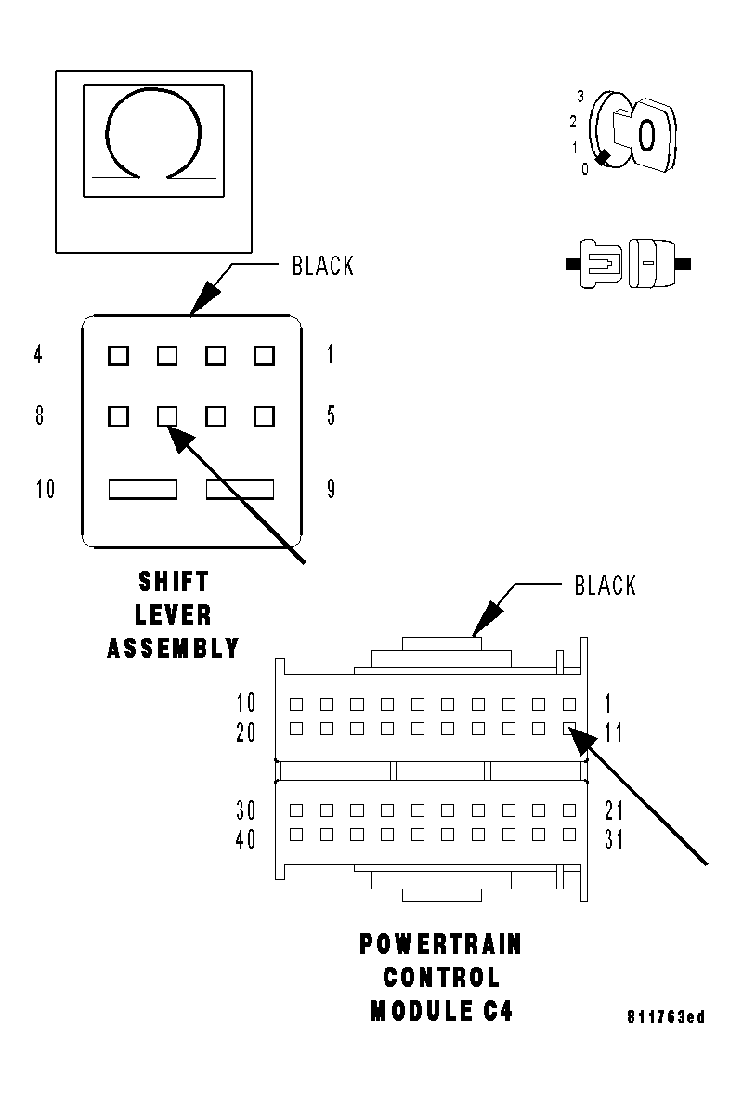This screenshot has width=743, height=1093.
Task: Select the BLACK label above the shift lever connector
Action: [x=322, y=266]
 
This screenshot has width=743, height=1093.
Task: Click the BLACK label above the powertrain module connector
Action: [x=606, y=586]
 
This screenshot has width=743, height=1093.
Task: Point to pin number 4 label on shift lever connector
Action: [x=38, y=355]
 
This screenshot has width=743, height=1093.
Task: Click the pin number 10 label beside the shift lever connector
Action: [x=46, y=489]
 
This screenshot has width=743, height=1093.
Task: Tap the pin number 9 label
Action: [x=331, y=489]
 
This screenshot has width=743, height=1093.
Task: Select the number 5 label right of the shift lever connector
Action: [x=331, y=415]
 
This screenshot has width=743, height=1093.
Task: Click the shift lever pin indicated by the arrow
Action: [x=167, y=415]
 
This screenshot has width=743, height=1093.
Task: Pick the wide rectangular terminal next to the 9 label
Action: [x=240, y=489]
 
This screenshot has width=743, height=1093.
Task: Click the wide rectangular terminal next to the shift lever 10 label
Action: [x=143, y=489]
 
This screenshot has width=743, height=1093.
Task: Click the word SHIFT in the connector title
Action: [x=174, y=582]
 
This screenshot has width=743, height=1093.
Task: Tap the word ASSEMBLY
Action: [x=174, y=648]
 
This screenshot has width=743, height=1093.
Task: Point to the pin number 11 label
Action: [x=614, y=733]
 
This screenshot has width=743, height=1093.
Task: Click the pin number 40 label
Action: [x=246, y=839]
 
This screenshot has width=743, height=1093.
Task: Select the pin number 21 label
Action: [x=614, y=810]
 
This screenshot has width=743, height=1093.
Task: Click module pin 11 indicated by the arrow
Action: [x=569, y=730]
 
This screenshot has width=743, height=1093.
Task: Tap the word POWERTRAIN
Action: [x=440, y=945]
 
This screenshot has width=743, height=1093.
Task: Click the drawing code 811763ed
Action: [x=665, y=1018]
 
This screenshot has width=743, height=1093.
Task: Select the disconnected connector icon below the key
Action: [x=629, y=264]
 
